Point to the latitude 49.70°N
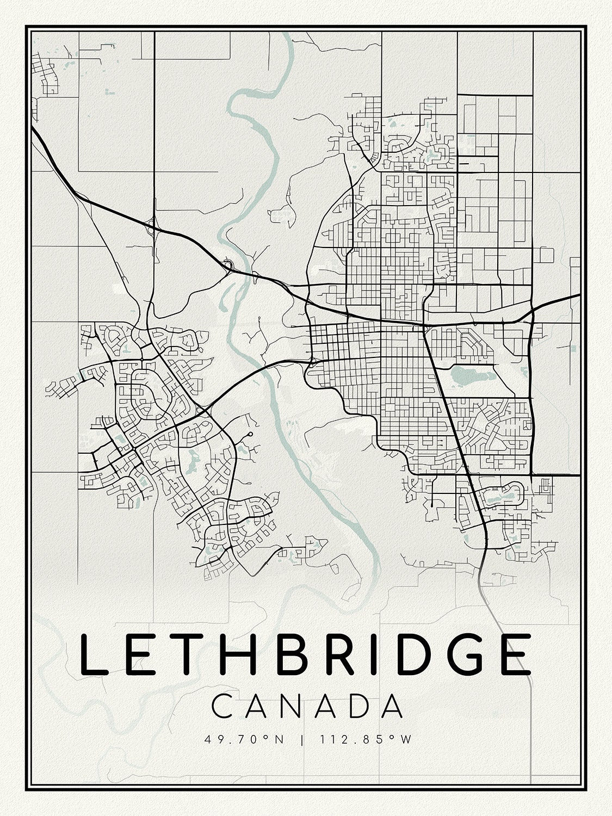244,740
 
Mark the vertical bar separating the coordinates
301,740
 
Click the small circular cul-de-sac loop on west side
250,434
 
